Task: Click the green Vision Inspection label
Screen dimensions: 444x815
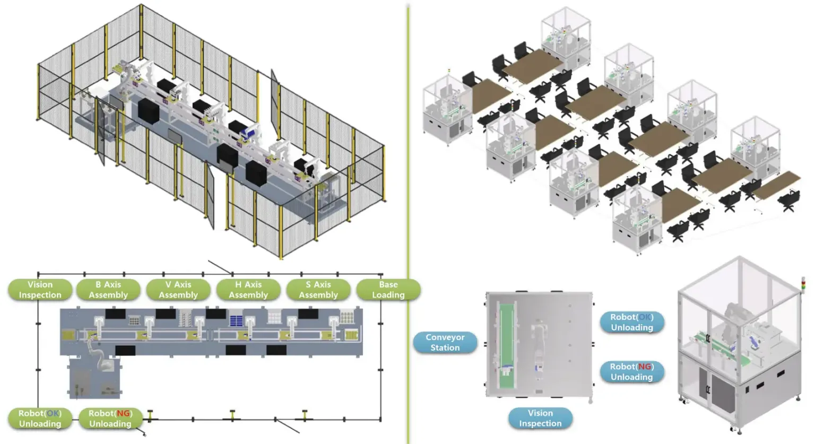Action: click(x=40, y=290)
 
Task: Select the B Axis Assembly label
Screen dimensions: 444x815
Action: click(x=108, y=290)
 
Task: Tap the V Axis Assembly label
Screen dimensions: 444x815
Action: click(x=178, y=290)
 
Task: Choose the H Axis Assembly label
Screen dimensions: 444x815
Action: click(x=248, y=290)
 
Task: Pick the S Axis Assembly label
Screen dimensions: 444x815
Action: click(x=318, y=290)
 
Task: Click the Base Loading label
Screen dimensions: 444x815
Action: click(x=388, y=290)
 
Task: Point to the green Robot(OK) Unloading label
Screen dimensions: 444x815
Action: click(x=40, y=419)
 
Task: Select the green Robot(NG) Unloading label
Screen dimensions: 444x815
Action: click(x=110, y=419)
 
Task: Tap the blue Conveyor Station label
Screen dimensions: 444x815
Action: click(x=445, y=343)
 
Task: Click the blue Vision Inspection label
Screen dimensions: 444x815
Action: click(x=540, y=419)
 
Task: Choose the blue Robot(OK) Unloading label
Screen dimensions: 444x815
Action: click(x=631, y=323)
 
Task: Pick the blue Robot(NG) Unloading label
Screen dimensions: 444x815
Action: click(x=631, y=372)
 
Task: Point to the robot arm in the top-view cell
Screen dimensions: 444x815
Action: click(x=539, y=345)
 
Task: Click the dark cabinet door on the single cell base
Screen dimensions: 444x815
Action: click(x=723, y=393)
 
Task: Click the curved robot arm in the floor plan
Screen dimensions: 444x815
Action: click(x=98, y=353)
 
